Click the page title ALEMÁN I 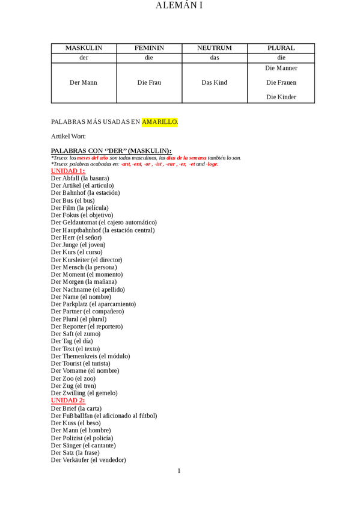point(179,6)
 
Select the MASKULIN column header point(84,48)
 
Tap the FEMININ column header point(149,48)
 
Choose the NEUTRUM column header point(215,48)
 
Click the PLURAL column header point(281,48)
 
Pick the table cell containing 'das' point(215,58)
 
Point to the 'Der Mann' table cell point(84,82)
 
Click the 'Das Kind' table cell point(215,82)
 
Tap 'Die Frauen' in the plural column point(281,82)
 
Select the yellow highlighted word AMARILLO point(159,122)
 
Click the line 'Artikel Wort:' point(69,137)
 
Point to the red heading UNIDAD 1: point(68,171)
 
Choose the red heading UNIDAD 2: point(68,401)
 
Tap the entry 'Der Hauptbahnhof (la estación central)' point(103,230)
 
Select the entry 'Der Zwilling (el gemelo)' point(84,393)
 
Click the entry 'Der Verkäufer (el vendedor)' point(88,460)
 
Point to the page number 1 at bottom point(179,471)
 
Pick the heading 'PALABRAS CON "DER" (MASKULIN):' point(111,150)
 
